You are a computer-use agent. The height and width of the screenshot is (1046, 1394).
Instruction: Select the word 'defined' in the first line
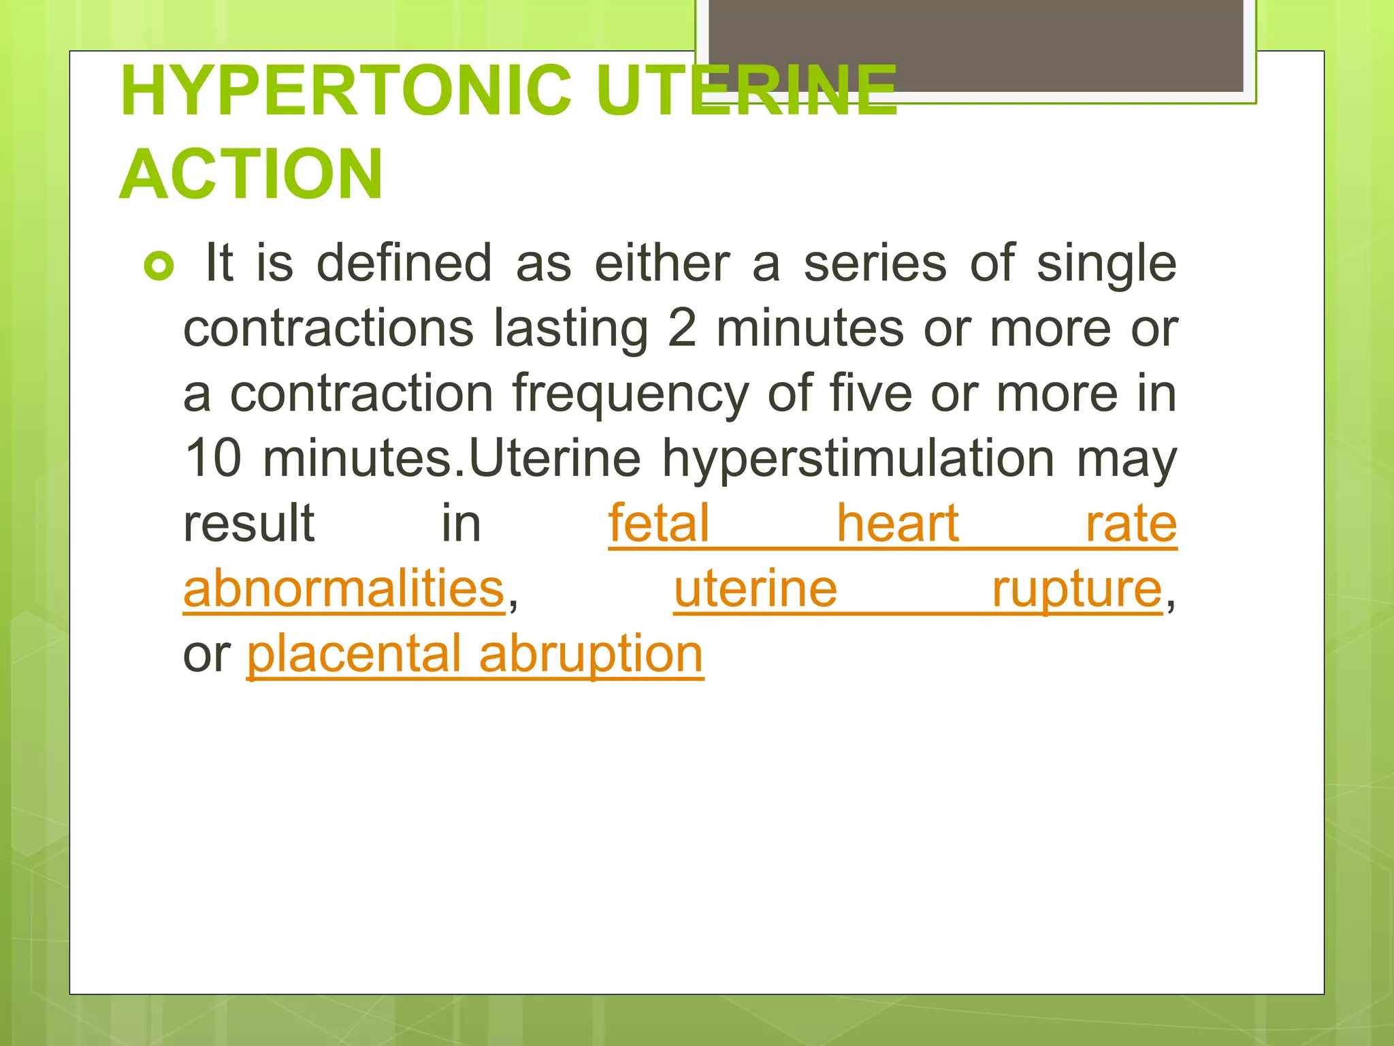point(404,263)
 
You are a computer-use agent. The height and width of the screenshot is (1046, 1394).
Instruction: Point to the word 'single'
point(1106,264)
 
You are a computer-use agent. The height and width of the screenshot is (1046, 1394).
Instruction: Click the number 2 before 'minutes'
point(681,328)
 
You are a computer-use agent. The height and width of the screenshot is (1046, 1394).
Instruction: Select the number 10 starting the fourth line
point(213,458)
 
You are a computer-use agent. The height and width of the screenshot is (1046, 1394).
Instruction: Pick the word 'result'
point(248,523)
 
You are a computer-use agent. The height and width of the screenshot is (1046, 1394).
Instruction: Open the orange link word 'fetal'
point(659,523)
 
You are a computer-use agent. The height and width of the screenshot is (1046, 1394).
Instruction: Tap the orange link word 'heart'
point(897,523)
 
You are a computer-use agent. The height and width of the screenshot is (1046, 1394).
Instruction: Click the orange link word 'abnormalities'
point(344,588)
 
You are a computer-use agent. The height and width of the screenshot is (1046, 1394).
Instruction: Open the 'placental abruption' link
point(474,654)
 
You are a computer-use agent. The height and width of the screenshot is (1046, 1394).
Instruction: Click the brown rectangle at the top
point(975,45)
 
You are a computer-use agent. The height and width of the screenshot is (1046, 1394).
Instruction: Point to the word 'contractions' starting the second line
point(328,328)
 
